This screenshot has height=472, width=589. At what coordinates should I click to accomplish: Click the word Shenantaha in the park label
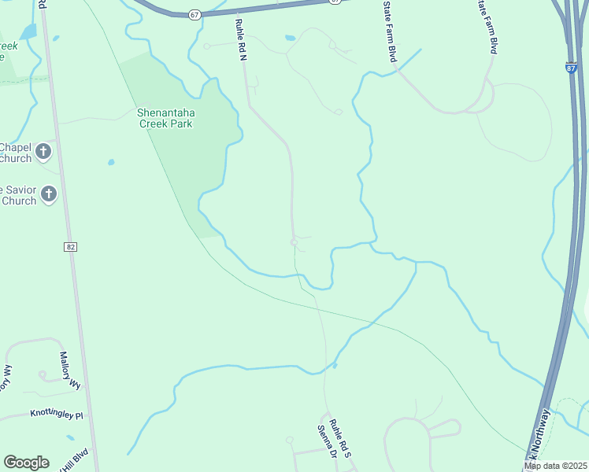pos(165,112)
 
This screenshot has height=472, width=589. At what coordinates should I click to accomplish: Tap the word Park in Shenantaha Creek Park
pos(180,124)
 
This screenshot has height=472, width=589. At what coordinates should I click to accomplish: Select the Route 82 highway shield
pos(71,247)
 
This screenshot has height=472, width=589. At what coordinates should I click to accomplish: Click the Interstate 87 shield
pos(570,68)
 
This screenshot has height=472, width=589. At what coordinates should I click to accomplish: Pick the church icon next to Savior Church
pos(49,194)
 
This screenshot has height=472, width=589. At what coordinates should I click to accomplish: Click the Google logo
pos(26,463)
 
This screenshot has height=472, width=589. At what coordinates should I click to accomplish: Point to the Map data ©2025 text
pos(555,466)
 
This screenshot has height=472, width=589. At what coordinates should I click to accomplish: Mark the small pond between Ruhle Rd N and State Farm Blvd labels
pos(291,37)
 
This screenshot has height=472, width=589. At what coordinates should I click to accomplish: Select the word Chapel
pos(14,147)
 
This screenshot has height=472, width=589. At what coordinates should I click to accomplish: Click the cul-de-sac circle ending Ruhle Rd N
pos(294,242)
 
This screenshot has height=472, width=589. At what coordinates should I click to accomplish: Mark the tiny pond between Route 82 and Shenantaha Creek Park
pos(111,162)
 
